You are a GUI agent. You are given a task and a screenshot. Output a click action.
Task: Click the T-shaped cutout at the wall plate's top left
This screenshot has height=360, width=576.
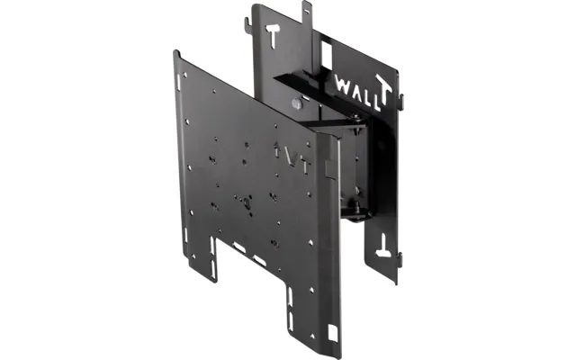point(274,33)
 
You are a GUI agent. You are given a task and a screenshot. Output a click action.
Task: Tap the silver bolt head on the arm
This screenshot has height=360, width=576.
point(296,103)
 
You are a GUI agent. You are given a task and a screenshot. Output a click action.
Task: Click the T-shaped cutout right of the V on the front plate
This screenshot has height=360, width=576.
point(306,166)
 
